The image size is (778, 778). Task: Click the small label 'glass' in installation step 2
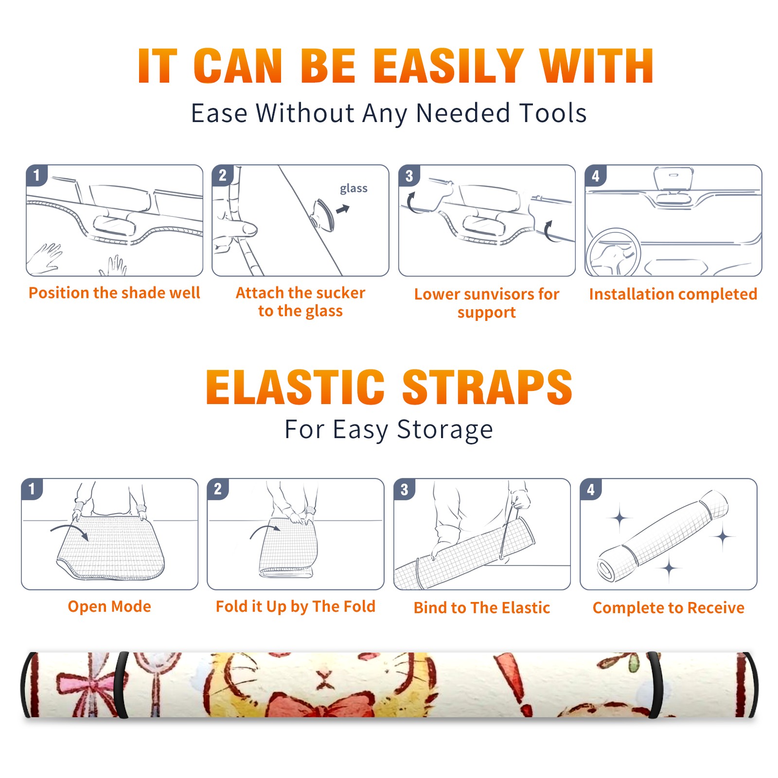pos(354,188)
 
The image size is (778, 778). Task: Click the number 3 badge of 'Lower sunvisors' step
pos(409,176)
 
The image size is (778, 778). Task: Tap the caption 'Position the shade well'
pos(114,293)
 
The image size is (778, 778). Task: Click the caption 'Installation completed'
pos(673,294)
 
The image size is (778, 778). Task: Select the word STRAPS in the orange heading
pos(487,387)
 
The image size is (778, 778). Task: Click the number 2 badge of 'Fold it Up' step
pos(217,489)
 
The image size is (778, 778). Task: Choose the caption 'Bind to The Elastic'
pos(481,608)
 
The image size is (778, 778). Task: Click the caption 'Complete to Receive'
pos(669,608)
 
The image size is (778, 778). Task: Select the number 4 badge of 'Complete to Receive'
pos(590,489)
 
